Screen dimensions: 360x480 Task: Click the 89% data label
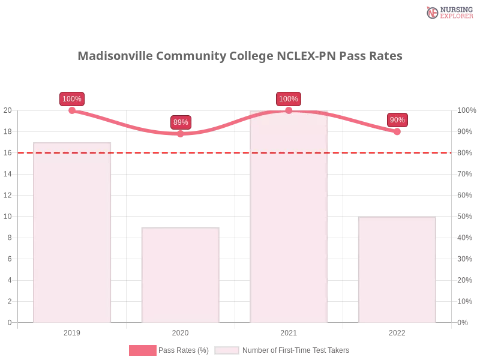click(x=180, y=122)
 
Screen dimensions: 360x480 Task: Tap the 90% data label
click(x=397, y=120)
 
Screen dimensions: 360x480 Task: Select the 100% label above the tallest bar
click(x=288, y=99)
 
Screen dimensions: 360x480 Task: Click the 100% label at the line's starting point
click(x=72, y=99)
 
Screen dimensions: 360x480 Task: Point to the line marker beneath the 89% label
click(x=180, y=134)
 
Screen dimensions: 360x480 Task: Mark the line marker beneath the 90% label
click(x=397, y=131)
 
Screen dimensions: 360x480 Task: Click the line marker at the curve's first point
click(x=72, y=110)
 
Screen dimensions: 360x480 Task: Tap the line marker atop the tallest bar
click(x=289, y=110)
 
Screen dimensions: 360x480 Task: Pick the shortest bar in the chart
click(x=180, y=276)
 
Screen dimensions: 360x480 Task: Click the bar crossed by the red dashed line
click(x=72, y=234)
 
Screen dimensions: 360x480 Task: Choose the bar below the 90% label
click(x=396, y=270)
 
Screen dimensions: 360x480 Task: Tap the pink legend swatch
click(x=142, y=350)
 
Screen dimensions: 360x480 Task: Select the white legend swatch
click(x=227, y=350)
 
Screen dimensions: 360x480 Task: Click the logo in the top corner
click(x=448, y=13)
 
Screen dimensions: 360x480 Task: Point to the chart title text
click(x=240, y=56)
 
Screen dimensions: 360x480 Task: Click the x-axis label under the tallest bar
click(x=288, y=331)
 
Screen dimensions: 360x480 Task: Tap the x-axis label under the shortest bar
click(x=180, y=331)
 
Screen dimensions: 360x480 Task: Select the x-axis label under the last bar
click(x=397, y=331)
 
